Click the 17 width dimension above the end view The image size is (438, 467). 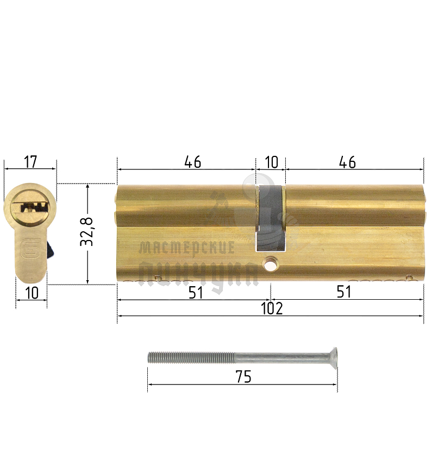30,161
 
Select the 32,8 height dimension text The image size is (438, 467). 87,232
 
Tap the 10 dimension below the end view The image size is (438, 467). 32,293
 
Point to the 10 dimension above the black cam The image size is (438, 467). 271,162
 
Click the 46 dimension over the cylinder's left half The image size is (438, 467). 192,162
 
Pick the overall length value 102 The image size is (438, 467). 272,308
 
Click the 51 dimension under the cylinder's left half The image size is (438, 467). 196,292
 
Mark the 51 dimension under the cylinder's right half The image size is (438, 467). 343,292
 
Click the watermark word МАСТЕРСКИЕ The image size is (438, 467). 187,248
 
